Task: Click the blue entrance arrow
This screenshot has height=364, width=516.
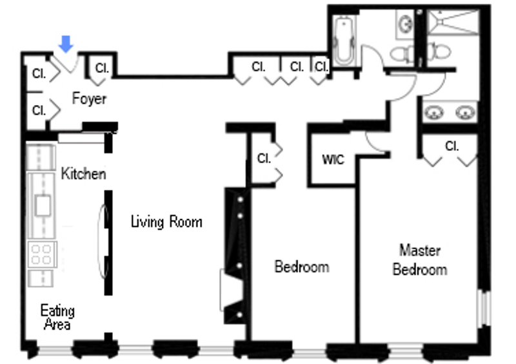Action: [66, 44]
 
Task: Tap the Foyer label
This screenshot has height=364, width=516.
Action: [89, 99]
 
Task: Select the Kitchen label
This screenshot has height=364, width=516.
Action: [84, 173]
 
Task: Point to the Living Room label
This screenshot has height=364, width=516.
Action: [166, 222]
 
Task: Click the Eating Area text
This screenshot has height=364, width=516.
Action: [57, 317]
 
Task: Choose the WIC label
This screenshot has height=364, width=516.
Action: [333, 160]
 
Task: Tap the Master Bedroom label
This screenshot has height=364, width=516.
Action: [420, 260]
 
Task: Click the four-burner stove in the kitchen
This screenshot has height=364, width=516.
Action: [42, 254]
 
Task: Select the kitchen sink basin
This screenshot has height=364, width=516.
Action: [43, 206]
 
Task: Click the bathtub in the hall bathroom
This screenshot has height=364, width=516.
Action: [344, 41]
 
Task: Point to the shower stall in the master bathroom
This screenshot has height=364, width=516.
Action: [453, 22]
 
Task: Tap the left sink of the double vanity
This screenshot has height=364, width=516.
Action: [434, 113]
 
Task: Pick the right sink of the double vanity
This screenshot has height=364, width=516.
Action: [465, 113]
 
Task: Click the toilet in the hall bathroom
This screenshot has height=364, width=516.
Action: [402, 53]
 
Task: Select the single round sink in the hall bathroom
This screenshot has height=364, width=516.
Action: [405, 24]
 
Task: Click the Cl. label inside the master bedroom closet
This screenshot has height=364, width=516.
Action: [451, 146]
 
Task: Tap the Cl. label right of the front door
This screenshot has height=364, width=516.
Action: [102, 68]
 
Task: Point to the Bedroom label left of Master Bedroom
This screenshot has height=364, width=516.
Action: [302, 267]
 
